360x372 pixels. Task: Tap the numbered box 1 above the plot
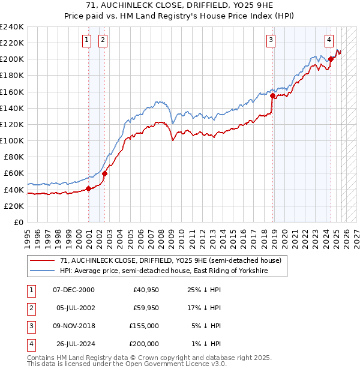click(x=87, y=40)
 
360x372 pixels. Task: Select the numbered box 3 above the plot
click(x=271, y=40)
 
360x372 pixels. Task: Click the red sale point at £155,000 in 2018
click(x=272, y=95)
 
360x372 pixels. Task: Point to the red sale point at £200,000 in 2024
click(x=331, y=59)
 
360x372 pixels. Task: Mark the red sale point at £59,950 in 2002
click(x=104, y=173)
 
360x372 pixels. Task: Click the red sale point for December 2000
click(x=89, y=188)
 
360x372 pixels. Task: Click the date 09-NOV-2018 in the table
click(x=74, y=326)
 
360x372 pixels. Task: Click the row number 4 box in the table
click(x=30, y=344)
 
